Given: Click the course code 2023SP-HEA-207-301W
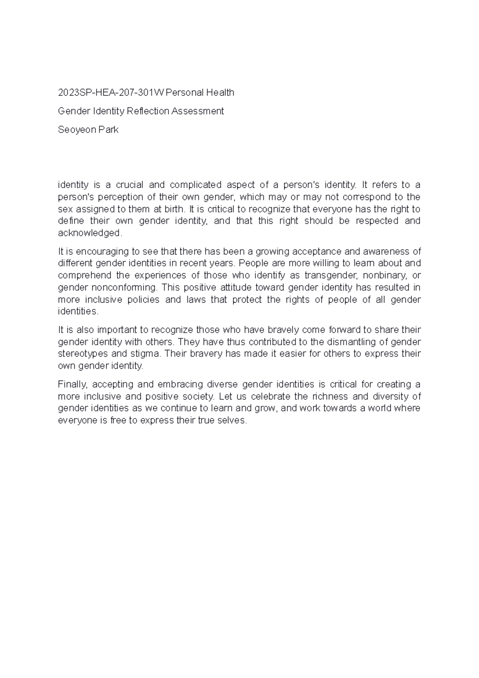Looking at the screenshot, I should tap(111, 93).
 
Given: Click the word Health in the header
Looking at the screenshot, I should tap(220, 93).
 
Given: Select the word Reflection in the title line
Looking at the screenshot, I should tap(148, 111).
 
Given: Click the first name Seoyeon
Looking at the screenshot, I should tap(75, 130).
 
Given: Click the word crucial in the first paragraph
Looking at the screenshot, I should tap(129, 185).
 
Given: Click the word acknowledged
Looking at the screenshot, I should tap(89, 233).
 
